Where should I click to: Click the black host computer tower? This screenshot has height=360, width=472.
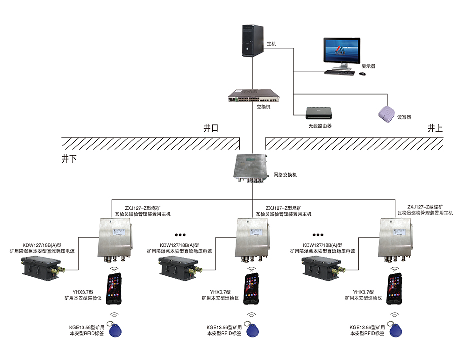[253, 41]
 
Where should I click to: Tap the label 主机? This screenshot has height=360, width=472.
[271, 45]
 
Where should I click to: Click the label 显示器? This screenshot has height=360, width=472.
[368, 65]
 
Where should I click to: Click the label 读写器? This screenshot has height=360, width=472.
[404, 118]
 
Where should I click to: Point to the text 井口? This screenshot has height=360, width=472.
[212, 128]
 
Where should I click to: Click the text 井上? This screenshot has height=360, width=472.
[435, 128]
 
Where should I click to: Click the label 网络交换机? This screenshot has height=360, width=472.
[285, 176]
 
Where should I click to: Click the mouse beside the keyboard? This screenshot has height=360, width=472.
[362, 74]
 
